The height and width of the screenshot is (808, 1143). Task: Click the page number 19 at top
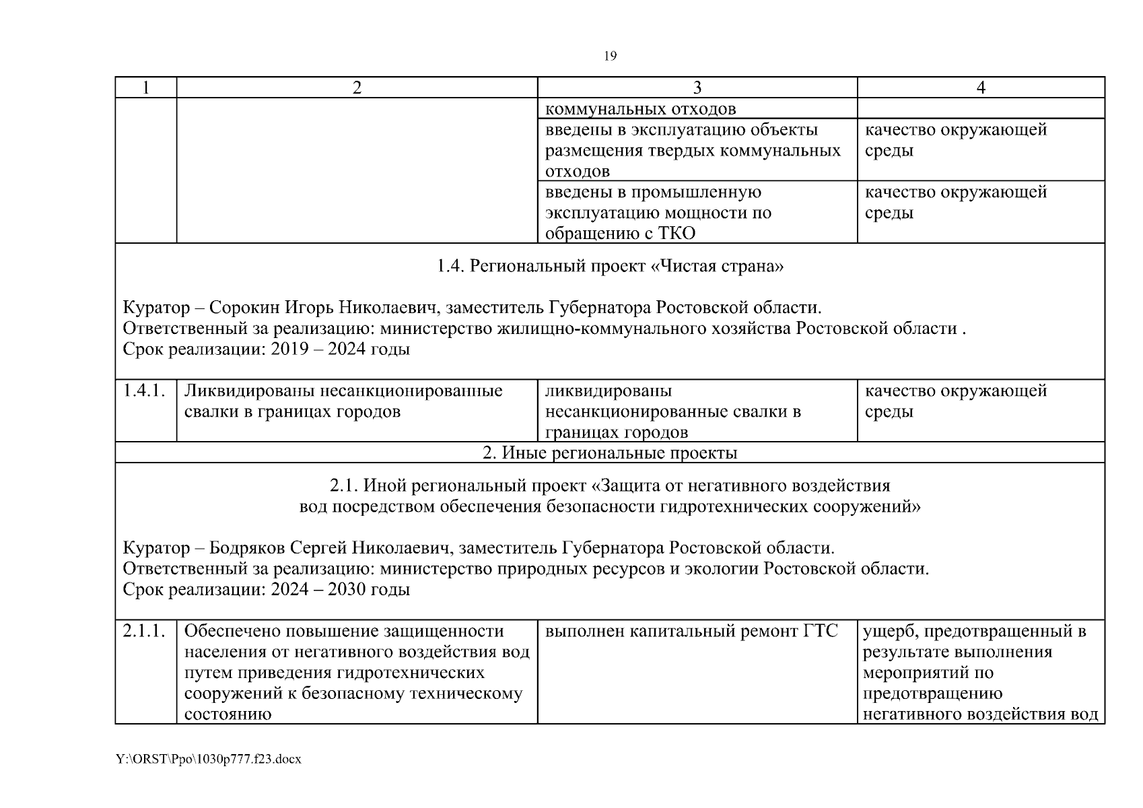click(610, 57)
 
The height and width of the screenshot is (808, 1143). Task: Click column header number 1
click(145, 88)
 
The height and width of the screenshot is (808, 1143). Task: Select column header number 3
click(697, 88)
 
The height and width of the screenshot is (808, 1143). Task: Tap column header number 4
click(981, 88)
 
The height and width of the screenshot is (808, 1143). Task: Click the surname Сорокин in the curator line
click(244, 308)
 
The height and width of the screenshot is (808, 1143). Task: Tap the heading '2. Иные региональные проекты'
click(610, 452)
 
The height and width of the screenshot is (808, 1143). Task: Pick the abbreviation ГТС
click(821, 631)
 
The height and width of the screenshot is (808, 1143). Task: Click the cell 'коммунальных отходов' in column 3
click(640, 109)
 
